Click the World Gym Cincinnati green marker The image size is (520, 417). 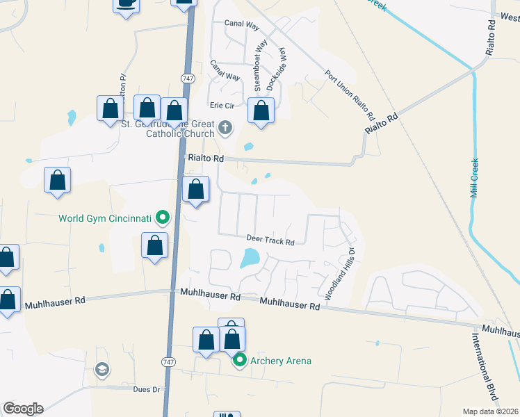point(163,218)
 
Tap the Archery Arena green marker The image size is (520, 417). point(241,360)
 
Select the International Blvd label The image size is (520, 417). point(486,368)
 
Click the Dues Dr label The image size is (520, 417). point(147,390)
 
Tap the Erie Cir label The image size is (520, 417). point(222,106)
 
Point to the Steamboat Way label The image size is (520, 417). point(259,65)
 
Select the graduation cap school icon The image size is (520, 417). point(101,368)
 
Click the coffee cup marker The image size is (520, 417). point(126,3)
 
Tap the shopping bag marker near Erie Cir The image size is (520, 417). point(261,111)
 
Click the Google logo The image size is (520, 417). point(23,409)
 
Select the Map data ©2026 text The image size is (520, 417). point(490,411)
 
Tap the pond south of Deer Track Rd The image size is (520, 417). point(248,259)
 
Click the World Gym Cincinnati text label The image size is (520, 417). point(104,218)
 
